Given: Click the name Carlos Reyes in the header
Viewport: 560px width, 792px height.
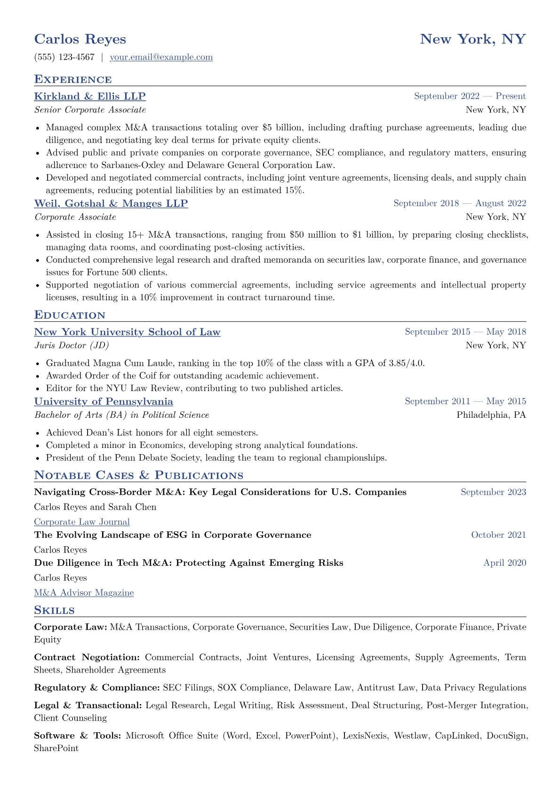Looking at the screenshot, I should click(80, 39).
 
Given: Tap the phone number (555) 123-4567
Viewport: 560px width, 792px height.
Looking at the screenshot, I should click(64, 57).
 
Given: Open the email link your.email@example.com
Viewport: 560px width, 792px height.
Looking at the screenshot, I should click(161, 57).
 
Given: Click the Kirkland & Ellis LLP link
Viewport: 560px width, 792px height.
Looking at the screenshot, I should click(90, 96).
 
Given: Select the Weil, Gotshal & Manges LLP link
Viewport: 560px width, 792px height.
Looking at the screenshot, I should click(111, 204).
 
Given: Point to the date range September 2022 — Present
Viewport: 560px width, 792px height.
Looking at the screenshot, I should click(470, 96).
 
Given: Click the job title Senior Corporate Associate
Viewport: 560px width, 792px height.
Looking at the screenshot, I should click(90, 110).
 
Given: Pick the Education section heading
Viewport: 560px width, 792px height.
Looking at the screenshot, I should click(70, 315).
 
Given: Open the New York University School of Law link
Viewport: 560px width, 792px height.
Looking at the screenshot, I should click(127, 332).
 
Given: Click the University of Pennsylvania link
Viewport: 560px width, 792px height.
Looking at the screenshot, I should click(104, 402).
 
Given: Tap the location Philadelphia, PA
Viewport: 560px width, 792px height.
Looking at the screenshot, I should click(491, 415).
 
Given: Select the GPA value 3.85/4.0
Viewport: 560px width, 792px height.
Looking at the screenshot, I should click(407, 363).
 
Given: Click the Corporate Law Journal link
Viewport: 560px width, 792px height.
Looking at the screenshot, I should click(82, 522).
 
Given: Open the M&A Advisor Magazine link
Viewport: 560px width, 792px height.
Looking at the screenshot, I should click(84, 593).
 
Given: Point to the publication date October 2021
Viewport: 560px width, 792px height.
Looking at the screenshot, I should click(498, 535).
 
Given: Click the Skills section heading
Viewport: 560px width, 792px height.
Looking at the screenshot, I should click(54, 610).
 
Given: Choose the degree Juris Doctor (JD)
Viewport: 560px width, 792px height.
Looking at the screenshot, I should click(72, 345).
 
